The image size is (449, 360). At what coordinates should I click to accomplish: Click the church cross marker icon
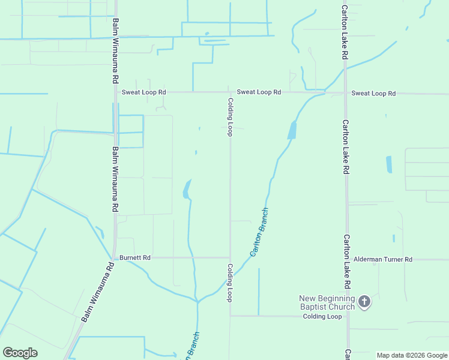pos(364,302)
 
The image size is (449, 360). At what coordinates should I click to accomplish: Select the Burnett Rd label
pos(135,257)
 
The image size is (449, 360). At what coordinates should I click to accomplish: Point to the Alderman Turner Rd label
pos(383,260)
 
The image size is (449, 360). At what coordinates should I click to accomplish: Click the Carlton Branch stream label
pos(259,233)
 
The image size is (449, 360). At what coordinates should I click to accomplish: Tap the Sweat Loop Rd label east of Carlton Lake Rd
pos(373,93)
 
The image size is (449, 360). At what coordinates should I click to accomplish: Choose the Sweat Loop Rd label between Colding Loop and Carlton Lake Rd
pos(259,92)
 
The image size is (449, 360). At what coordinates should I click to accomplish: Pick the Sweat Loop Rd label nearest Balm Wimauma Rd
pos(143,92)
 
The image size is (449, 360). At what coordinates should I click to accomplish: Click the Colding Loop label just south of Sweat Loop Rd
pos(229,117)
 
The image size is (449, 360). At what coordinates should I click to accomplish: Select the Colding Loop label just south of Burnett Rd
pos(229,282)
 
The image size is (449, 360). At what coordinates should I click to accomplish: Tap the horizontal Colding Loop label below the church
pos(322,316)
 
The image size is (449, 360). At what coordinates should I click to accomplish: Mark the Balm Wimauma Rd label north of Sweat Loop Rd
pos(115,51)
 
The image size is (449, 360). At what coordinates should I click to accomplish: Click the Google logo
pos(20,353)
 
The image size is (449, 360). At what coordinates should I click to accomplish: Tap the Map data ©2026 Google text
pos(412,355)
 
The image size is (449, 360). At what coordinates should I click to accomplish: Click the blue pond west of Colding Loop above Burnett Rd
pos(187,190)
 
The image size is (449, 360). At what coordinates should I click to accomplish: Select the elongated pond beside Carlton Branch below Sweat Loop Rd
pos(292,130)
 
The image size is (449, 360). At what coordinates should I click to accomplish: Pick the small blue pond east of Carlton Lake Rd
pos(389,164)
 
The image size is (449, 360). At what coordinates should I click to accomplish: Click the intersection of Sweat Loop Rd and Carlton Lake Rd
pos(345,93)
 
